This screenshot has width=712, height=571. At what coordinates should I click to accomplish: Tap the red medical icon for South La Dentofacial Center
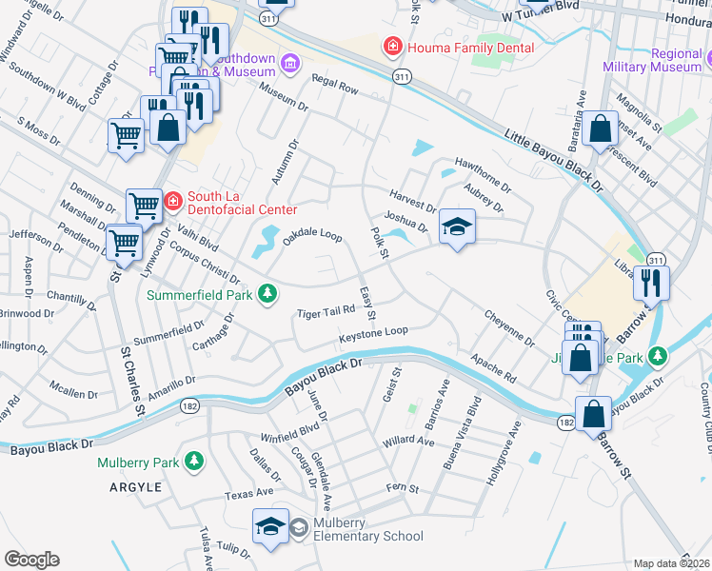[x=172, y=201]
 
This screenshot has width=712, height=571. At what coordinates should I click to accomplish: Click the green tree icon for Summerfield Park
[x=270, y=293]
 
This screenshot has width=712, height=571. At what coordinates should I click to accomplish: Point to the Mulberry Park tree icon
[x=194, y=463]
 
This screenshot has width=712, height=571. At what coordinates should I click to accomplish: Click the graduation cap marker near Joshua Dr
[x=457, y=226]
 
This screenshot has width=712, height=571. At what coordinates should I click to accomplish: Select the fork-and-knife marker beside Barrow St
[x=651, y=283]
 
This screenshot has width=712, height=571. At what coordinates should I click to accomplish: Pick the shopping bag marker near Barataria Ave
[x=602, y=128]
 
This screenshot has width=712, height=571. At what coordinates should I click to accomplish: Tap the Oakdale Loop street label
[x=311, y=235]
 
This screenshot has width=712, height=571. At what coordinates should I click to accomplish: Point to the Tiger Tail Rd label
[x=325, y=312]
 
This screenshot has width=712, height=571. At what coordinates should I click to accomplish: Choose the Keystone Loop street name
[x=373, y=336]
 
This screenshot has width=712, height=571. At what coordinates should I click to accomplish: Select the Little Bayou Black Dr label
[x=554, y=160]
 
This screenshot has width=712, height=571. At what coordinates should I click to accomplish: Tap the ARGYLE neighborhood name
[x=134, y=486]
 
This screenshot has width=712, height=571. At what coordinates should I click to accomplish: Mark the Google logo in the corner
[x=31, y=560]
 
